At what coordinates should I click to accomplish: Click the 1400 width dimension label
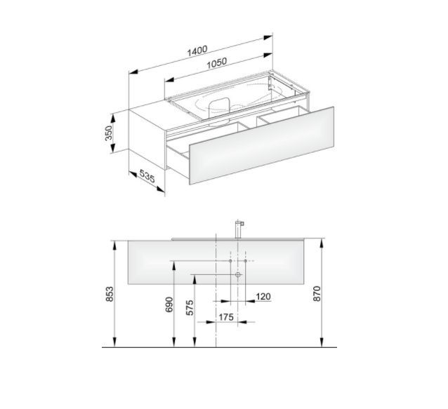click(197, 51)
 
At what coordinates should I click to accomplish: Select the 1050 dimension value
click(217, 63)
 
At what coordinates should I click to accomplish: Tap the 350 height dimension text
click(109, 133)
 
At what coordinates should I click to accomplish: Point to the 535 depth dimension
click(147, 176)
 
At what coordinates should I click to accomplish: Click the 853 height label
click(110, 294)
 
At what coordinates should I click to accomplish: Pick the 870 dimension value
click(317, 294)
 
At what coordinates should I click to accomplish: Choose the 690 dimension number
click(169, 304)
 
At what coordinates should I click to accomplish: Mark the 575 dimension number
click(190, 308)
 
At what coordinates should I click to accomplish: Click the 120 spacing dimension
click(263, 297)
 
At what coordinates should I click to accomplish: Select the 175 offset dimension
click(226, 317)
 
